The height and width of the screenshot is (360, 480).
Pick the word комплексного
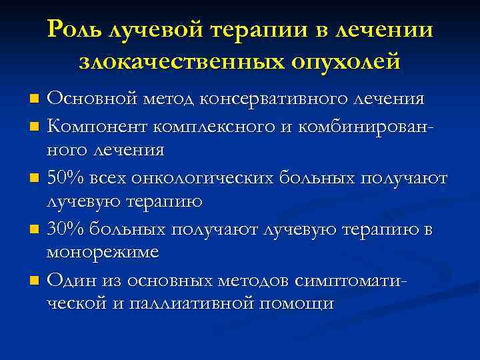coord(215,125)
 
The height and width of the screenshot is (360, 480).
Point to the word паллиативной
coord(187,303)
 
